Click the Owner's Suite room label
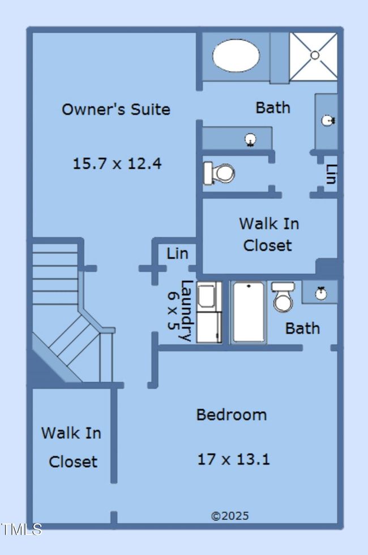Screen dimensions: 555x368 116,109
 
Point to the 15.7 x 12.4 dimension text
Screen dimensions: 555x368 117,164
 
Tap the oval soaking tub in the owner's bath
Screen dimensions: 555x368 236,55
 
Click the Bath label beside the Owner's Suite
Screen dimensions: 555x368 273,107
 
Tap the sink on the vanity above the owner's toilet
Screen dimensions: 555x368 250,139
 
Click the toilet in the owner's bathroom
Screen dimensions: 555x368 219,173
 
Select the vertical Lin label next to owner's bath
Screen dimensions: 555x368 331,174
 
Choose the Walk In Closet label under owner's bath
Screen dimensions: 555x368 268,234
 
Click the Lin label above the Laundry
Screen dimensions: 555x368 177,254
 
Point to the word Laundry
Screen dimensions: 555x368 186,311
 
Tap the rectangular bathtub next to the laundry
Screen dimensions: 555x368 249,312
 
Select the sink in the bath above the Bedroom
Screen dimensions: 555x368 321,292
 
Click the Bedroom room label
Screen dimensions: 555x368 231,415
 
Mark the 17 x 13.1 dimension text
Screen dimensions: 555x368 233,459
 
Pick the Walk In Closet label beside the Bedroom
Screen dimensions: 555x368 71,447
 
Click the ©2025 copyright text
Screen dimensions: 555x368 229,516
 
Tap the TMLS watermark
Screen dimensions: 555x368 22,530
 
